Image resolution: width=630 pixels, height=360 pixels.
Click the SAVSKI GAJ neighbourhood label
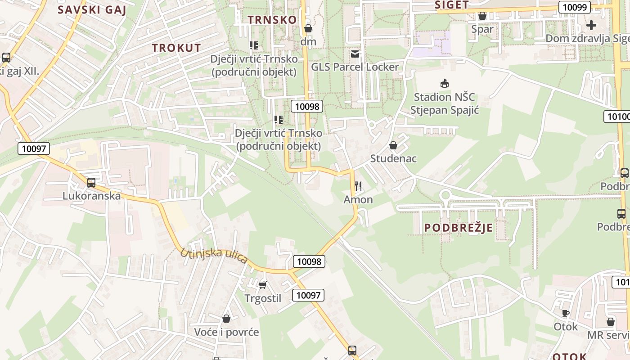tap(92, 10)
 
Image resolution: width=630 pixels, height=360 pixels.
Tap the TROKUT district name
tap(176, 48)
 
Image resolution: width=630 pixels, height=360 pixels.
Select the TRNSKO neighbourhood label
tap(272, 20)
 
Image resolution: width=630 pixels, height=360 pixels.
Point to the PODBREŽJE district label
tap(459, 228)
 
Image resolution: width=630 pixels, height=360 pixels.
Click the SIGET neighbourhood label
tap(452, 5)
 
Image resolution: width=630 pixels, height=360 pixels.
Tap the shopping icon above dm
tap(308, 29)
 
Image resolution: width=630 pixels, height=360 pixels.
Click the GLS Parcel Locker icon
tap(355, 54)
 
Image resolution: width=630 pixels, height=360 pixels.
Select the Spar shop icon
tap(482, 16)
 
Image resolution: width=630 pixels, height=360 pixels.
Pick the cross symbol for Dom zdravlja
tap(591, 25)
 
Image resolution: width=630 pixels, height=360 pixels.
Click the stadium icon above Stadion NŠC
tap(445, 83)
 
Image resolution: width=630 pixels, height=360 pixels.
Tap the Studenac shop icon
tap(393, 145)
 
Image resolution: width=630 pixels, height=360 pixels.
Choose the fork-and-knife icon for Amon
tap(358, 186)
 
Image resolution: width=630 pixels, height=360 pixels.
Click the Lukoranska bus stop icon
tap(91, 183)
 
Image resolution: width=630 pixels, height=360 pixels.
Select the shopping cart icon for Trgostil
tap(263, 285)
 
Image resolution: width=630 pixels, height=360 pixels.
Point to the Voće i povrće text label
tap(226, 332)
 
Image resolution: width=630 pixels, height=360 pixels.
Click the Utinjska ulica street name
tap(214, 256)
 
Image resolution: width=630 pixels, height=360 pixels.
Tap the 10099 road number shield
tap(574, 7)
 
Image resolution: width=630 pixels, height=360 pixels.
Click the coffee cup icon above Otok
tap(566, 313)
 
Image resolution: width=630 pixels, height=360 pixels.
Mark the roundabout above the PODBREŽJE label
tap(445, 195)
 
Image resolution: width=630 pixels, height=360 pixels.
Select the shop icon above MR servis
tap(611, 322)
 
